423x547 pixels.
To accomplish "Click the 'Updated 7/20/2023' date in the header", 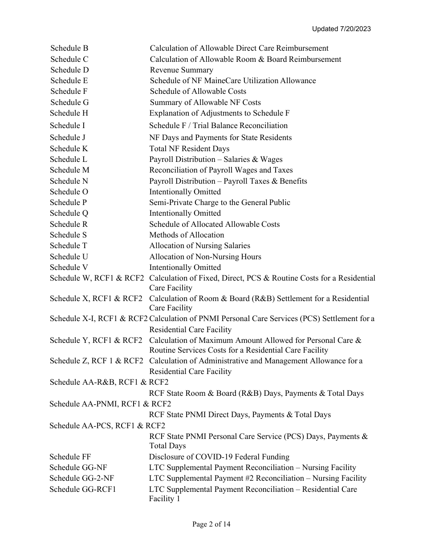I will [x=341, y=29].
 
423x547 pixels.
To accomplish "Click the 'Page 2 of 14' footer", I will [x=211, y=524].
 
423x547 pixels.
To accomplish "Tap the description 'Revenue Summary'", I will [x=181, y=70].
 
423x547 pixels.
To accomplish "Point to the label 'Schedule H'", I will [x=69, y=113].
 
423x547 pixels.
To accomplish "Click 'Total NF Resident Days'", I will [x=189, y=149].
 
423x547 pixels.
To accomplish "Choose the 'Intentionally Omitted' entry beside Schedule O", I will [x=185, y=192].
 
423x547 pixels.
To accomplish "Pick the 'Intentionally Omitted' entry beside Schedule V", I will [x=185, y=267].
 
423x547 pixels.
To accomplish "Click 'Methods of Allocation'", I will [x=187, y=235].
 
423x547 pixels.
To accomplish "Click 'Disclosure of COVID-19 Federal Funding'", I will [x=219, y=457].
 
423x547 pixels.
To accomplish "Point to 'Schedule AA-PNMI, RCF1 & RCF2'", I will [x=110, y=404].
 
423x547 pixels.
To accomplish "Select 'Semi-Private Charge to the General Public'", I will [x=220, y=202].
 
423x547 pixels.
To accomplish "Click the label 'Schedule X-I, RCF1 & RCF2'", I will [x=98, y=318].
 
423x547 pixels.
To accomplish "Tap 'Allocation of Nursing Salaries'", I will [x=199, y=245].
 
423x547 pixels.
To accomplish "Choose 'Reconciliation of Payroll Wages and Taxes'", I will [x=221, y=170].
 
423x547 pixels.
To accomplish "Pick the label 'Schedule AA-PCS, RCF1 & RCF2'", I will [x=107, y=426].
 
